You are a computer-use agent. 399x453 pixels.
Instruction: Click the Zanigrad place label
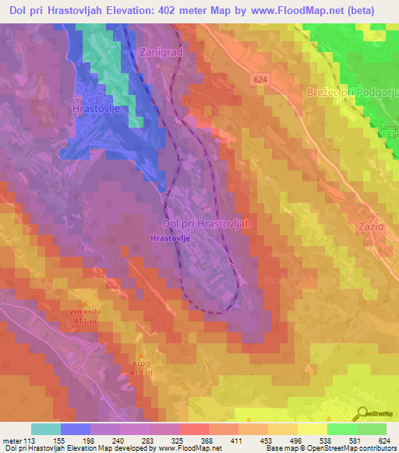162,51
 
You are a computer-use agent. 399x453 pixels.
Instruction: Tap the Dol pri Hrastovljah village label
208,223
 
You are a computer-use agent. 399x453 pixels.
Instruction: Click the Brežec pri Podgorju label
354,93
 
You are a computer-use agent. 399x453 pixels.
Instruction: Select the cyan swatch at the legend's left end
46,429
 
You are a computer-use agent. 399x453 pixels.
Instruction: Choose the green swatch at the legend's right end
372,429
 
